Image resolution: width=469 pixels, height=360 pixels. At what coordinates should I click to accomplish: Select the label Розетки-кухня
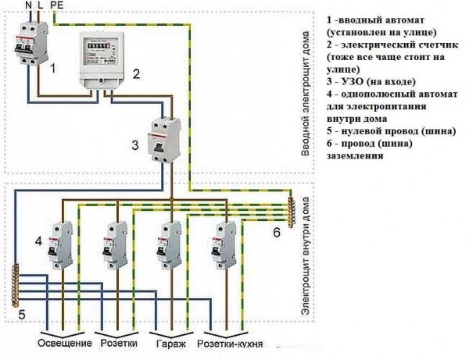229,343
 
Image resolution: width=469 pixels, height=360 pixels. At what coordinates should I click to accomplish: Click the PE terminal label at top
57,5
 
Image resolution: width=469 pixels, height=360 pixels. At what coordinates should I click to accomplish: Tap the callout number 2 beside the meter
135,75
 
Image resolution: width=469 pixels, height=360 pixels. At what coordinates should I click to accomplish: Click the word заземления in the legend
352,155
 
